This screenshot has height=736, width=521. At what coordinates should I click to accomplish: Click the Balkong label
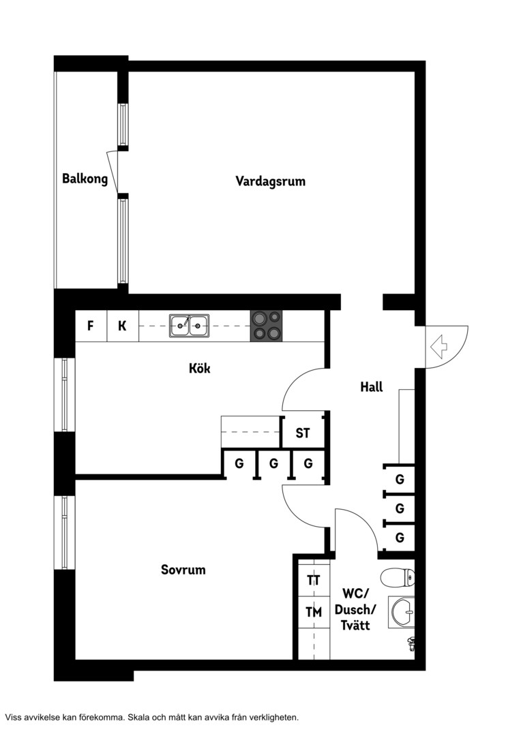[85, 179]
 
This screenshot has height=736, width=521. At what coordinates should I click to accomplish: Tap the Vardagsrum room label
[270, 181]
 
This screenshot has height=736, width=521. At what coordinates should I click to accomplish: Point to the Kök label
[200, 368]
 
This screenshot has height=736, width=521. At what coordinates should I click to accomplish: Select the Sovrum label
[183, 570]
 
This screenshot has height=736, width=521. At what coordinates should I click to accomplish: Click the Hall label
[371, 387]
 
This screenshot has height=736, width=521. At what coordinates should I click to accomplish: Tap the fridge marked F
[91, 326]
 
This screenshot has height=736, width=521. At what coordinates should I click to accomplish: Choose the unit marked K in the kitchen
[123, 326]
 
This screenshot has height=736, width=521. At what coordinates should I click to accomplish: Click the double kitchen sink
[190, 325]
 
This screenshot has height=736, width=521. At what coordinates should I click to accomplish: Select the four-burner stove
[266, 326]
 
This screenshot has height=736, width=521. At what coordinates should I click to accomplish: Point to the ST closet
[303, 432]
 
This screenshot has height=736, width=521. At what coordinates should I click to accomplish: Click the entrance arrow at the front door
[438, 347]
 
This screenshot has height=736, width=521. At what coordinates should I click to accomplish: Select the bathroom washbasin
[402, 613]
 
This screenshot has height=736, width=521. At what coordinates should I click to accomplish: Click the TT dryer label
[314, 581]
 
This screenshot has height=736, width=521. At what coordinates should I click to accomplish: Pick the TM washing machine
[314, 612]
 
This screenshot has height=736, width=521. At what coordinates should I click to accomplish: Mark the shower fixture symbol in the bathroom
[411, 644]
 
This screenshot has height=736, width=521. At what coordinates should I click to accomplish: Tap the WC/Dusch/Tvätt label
[355, 609]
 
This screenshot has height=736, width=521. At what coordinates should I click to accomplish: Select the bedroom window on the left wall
[65, 533]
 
